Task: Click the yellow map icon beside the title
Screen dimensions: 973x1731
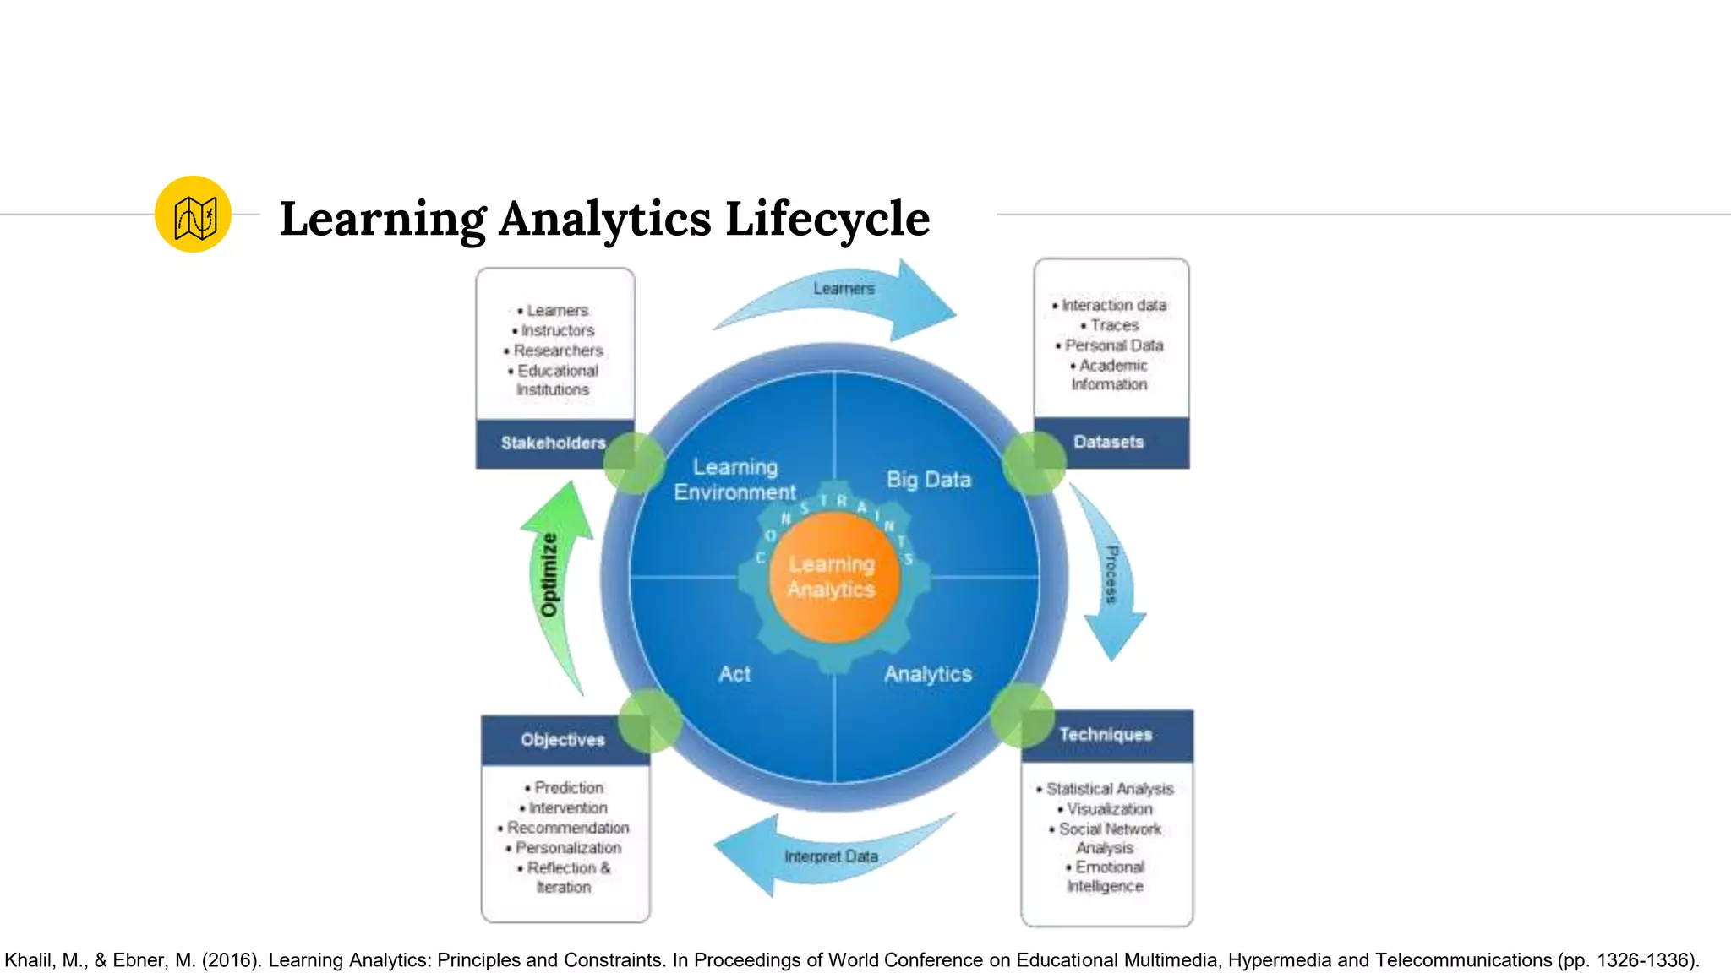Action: point(193,215)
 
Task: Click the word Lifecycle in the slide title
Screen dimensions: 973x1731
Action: point(827,219)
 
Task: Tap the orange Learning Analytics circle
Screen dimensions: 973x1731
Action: point(833,577)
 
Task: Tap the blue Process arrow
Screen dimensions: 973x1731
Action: point(1112,574)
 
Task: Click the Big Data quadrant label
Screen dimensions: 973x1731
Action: point(928,480)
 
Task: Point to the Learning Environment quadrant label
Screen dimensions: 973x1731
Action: point(734,480)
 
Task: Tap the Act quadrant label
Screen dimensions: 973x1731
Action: point(734,674)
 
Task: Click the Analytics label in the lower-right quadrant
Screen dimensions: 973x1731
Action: point(928,674)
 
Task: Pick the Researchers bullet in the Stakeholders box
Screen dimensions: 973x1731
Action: point(558,351)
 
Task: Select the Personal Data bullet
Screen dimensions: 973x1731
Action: point(1113,345)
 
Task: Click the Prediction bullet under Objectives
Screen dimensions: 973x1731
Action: point(568,787)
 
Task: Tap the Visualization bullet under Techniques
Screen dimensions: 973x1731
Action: point(1109,808)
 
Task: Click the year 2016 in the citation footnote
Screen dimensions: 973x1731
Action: point(231,960)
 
